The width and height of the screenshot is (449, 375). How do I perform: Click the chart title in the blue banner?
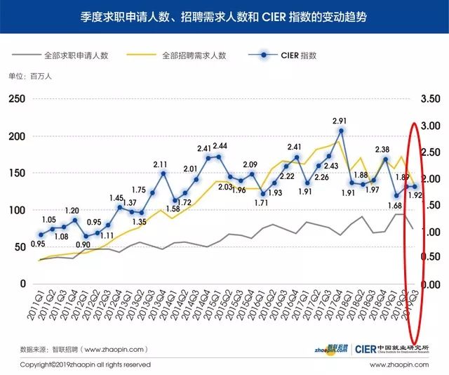(224, 15)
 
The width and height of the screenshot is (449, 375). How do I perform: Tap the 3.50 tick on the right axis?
(431, 100)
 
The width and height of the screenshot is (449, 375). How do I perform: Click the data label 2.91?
(340, 121)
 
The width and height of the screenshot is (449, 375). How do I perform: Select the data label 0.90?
(83, 245)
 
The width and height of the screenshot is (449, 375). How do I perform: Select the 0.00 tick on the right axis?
(431, 284)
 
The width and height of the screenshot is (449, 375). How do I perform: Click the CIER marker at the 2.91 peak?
(341, 131)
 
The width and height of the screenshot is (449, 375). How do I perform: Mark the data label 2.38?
(382, 150)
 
